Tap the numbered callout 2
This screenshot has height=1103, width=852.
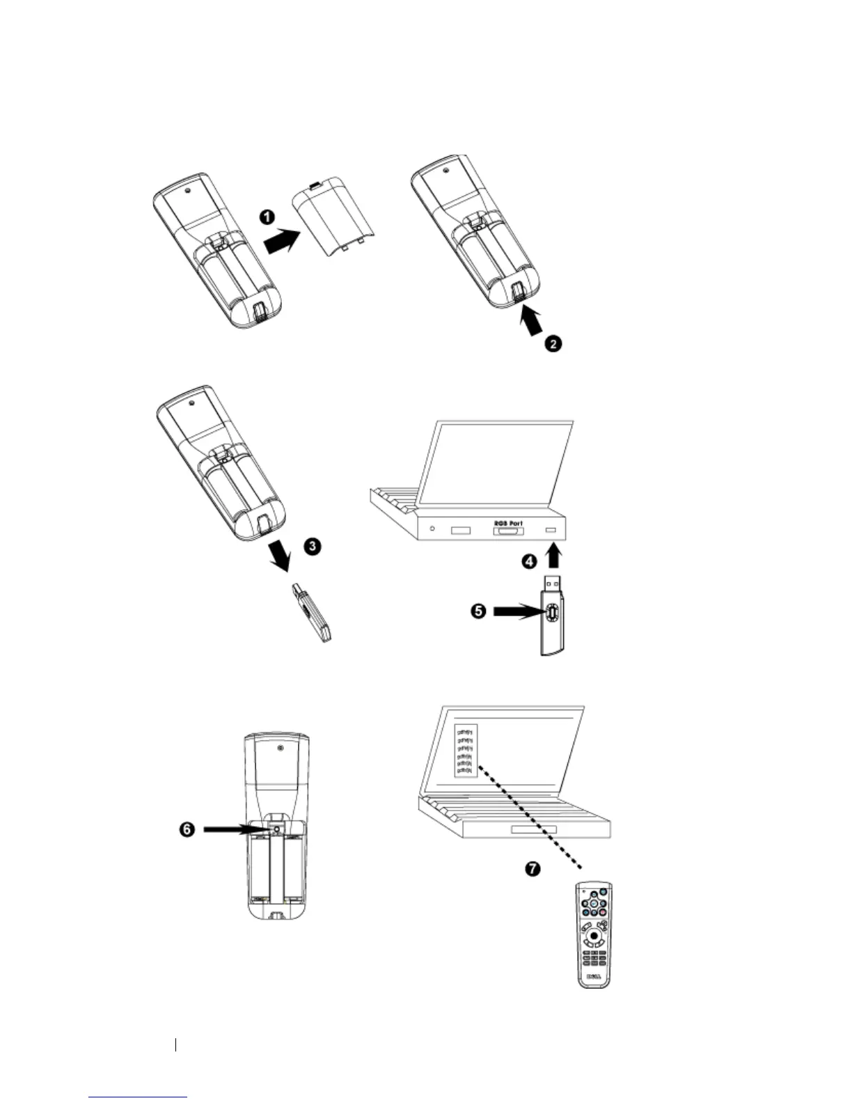point(553,343)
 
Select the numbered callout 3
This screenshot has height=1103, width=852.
point(313,546)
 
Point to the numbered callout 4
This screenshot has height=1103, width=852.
point(530,560)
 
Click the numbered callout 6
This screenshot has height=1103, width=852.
point(187,830)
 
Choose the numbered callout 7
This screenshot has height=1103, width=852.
point(532,869)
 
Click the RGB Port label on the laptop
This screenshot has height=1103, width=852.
point(508,523)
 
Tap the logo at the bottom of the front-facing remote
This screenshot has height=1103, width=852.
point(594,976)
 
